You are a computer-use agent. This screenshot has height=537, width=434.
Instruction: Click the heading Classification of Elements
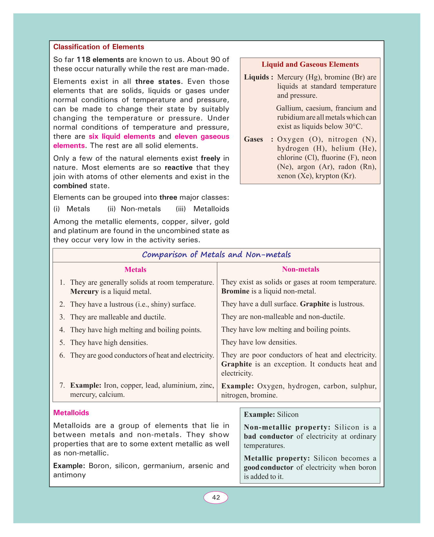pyautogui.click(x=98, y=47)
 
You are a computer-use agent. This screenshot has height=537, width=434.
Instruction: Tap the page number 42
pyautogui.click(x=216, y=498)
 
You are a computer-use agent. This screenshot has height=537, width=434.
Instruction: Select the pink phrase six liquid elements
pyautogui.click(x=122, y=137)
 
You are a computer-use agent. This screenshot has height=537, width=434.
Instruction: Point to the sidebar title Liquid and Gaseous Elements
pyautogui.click(x=310, y=65)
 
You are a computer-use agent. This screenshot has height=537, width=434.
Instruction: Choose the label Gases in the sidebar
pyautogui.click(x=254, y=139)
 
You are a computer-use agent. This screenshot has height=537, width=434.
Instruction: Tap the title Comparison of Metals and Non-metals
pyautogui.click(x=216, y=255)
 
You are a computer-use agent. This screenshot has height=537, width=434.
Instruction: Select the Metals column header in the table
pyautogui.click(x=135, y=270)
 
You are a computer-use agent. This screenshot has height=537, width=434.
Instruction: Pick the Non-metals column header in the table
pyautogui.click(x=301, y=269)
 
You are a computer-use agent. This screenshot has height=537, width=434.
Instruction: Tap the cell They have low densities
pyautogui.click(x=259, y=342)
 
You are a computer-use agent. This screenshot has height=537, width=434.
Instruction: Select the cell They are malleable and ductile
pyautogui.click(x=118, y=317)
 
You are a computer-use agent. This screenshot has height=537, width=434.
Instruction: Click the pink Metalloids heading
pyautogui.click(x=71, y=413)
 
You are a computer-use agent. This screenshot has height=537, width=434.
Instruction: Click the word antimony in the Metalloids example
pyautogui.click(x=70, y=475)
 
